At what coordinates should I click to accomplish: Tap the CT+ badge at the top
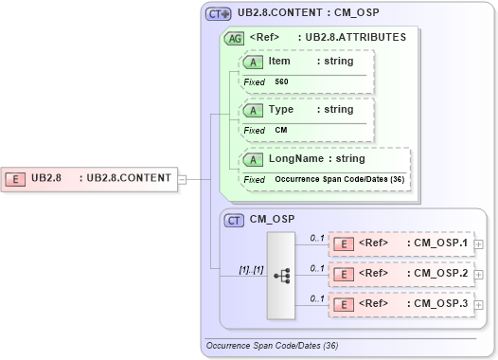click(x=219, y=14)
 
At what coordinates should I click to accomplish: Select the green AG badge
click(x=233, y=38)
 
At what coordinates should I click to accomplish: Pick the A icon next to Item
click(x=253, y=62)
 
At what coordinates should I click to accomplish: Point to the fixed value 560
click(x=281, y=82)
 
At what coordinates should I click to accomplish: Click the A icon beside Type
click(x=253, y=110)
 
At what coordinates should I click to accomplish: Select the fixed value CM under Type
click(x=281, y=130)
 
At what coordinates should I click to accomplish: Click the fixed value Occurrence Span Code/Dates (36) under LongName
click(x=341, y=179)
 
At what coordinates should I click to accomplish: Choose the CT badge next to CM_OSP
click(x=234, y=220)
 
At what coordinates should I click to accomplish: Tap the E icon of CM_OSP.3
click(x=347, y=303)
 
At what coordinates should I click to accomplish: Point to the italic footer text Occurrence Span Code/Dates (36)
click(x=271, y=346)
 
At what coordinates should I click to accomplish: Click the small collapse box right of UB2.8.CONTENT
click(x=183, y=177)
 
